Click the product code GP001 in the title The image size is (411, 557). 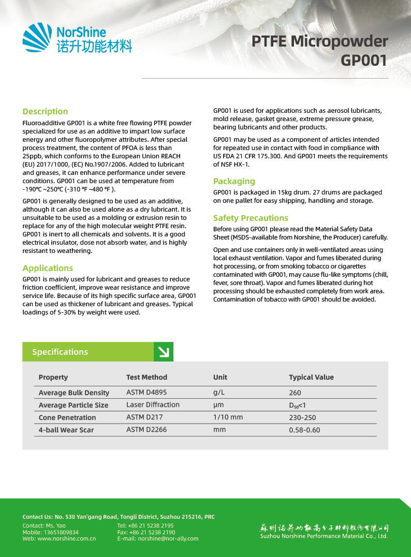click(364, 61)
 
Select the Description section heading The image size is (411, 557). click(45, 111)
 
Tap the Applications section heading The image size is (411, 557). click(48, 268)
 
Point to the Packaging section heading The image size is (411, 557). click(234, 181)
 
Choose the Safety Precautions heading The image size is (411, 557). click(251, 218)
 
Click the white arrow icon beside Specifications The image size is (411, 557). click(164, 352)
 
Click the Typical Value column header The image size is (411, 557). click(311, 377)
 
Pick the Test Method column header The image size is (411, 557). click(146, 377)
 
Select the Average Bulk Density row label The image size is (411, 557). click(74, 393)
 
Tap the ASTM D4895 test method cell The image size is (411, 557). click(146, 392)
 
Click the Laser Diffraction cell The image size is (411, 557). click(153, 404)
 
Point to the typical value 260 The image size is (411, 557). click(295, 393)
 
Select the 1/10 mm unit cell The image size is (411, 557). click(228, 417)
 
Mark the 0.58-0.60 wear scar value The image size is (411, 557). click(304, 430)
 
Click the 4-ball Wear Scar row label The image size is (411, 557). click(66, 430)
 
